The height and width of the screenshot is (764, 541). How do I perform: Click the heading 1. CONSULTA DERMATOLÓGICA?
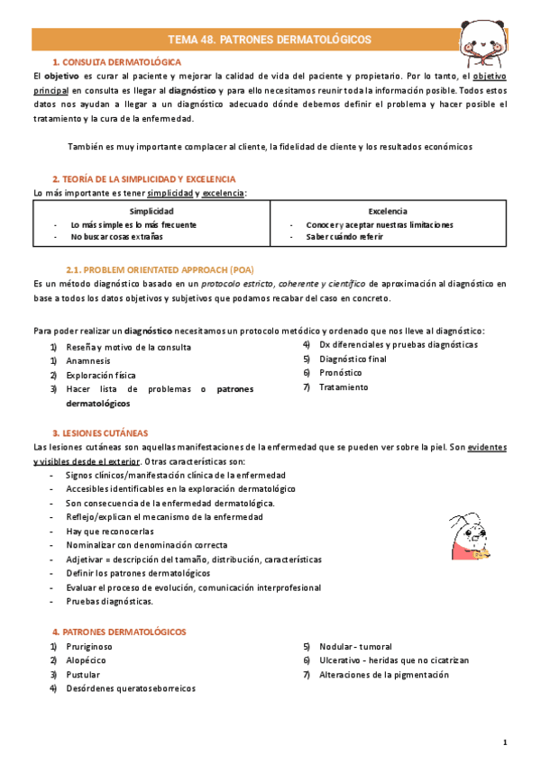coord(116,62)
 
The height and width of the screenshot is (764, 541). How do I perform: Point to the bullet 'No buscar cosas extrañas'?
coord(117,236)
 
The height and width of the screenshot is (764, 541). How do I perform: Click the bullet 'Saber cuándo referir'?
coord(344,236)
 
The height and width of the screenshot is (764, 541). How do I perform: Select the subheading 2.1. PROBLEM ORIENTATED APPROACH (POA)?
coord(160,269)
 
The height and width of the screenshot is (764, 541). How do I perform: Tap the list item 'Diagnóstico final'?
coord(354,359)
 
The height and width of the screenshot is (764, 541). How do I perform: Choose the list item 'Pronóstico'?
coord(341,372)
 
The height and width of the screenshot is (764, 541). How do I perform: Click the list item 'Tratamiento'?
coord(344,387)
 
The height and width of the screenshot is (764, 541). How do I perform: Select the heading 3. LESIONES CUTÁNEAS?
coord(100,432)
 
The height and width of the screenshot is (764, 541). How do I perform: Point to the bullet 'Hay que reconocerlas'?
coord(111,532)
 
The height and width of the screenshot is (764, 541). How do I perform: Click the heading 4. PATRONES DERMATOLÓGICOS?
coord(119,632)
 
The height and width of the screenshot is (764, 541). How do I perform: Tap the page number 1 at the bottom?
coord(505,742)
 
